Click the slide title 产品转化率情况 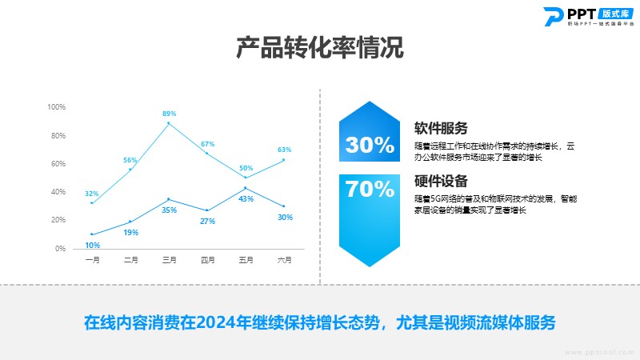(319, 48)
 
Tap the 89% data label (169, 114)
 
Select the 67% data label (207, 144)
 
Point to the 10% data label (93, 245)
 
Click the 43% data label (246, 198)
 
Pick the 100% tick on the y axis (56, 107)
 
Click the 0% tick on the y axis (61, 248)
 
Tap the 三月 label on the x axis (170, 260)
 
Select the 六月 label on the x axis (285, 260)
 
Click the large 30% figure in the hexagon (370, 145)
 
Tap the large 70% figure (370, 189)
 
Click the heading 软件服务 (441, 128)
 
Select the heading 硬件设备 (441, 181)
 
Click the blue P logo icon (553, 16)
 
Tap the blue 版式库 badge (616, 14)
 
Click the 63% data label (285, 150)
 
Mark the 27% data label (207, 222)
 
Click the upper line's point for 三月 (169, 123)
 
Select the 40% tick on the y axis (58, 192)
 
